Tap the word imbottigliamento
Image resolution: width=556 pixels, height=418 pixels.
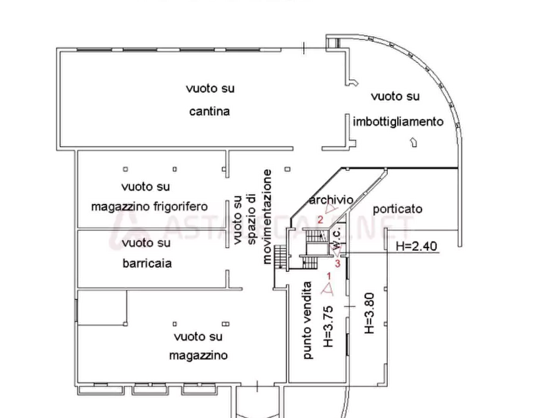coord(398,122)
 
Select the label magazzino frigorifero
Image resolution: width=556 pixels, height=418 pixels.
coord(149,207)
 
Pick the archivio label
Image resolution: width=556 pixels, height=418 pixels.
coord(331,200)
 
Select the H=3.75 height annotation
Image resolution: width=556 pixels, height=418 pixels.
coord(327,326)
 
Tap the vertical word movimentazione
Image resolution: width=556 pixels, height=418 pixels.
coord(266,216)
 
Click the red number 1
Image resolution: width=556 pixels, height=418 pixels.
coord(328,275)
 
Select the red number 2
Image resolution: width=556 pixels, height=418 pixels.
coord(320,219)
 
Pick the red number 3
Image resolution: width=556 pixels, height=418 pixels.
coord(337,263)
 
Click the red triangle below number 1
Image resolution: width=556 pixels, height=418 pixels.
coord(327,288)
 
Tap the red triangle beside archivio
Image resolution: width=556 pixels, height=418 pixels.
coord(330,211)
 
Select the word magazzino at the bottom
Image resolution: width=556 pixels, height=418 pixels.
coord(198,356)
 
